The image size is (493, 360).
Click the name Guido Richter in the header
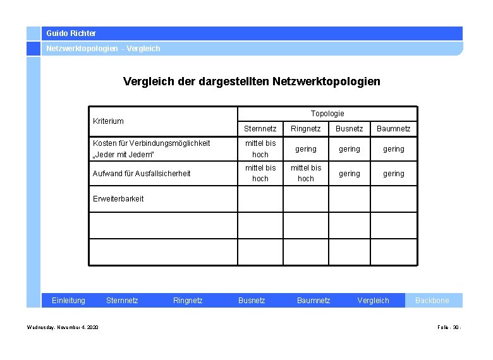(71, 33)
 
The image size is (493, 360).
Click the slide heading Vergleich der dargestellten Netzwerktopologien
(252, 81)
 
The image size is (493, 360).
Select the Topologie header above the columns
(327, 114)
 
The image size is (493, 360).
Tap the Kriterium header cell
(109, 121)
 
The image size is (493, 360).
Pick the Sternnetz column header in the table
(260, 129)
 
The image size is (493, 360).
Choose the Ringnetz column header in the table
(306, 129)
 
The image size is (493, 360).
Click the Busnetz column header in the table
(350, 129)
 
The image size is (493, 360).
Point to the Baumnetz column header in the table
(394, 129)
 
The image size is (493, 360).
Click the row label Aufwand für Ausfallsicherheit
(142, 173)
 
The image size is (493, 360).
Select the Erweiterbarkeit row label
(118, 198)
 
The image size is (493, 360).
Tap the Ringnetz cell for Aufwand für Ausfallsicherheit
(306, 173)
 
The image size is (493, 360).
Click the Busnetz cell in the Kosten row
(350, 149)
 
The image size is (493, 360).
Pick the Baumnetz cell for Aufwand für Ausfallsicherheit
(394, 173)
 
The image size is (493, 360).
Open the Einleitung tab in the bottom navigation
(68, 301)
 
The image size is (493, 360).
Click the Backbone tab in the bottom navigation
(432, 301)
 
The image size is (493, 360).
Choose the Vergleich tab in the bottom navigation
(374, 301)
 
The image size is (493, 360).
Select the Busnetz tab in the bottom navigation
(252, 301)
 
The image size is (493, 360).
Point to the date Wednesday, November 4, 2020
(63, 327)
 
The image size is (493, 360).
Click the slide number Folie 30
(449, 327)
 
